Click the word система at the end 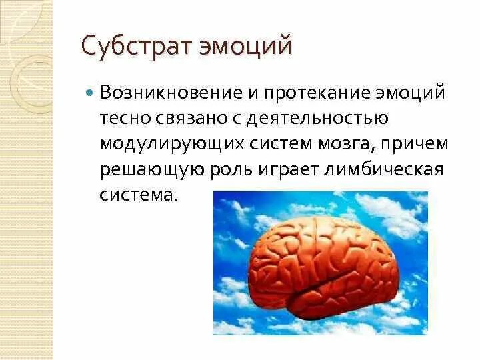point(139,195)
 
